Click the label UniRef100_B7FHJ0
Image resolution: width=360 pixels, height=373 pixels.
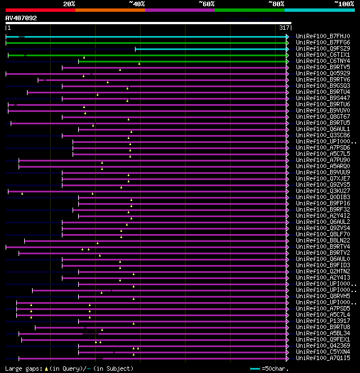[323, 36]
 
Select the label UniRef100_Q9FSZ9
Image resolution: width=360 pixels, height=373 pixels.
[323, 48]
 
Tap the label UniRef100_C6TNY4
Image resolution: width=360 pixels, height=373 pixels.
[323, 61]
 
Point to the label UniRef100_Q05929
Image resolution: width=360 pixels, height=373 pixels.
[323, 73]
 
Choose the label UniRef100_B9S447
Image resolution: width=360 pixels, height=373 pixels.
[323, 98]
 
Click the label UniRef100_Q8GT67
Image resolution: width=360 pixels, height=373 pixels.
[323, 116]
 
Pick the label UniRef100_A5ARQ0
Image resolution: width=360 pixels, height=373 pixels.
[323, 166]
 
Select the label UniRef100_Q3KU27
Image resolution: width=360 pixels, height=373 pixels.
[323, 191]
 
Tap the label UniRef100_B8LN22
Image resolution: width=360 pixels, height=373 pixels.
[323, 240]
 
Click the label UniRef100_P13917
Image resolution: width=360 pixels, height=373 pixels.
[323, 321]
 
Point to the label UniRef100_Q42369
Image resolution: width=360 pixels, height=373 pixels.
[323, 345]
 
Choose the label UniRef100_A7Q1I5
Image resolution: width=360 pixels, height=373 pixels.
[323, 358]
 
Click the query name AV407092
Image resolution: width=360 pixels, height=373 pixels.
[21, 18]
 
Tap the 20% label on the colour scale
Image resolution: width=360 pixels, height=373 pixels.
[69, 3]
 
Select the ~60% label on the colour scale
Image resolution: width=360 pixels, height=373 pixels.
[206, 3]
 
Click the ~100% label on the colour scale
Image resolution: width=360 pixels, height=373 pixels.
[344, 3]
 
